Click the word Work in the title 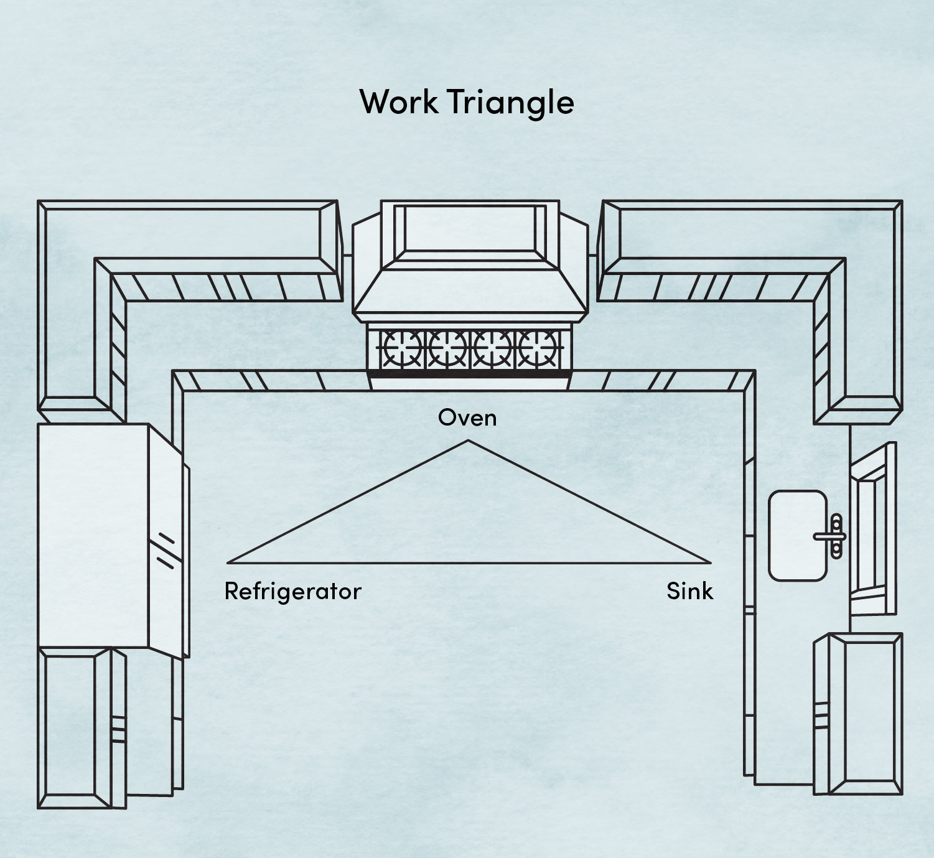[398, 101]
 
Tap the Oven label [467, 417]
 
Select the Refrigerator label [292, 591]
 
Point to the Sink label [689, 591]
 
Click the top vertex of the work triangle [468, 441]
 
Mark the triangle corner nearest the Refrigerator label [228, 562]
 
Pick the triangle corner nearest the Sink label [709, 562]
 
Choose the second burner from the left [446, 348]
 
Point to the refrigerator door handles [165, 551]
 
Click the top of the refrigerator [93, 535]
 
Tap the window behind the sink [874, 529]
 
